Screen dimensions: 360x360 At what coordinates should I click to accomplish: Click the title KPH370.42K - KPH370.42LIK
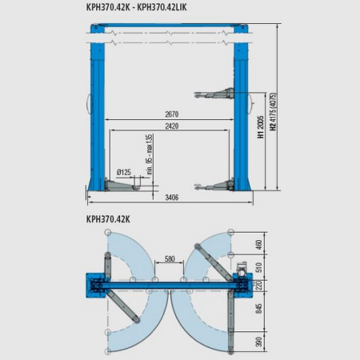click(136, 7)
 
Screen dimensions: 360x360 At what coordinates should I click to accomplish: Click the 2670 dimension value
click(172, 114)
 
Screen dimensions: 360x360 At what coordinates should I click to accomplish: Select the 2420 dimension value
click(172, 126)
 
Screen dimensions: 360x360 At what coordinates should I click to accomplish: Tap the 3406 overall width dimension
click(172, 198)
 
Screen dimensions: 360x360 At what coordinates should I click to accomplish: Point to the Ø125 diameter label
click(124, 172)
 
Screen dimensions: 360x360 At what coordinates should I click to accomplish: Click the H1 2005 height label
click(261, 127)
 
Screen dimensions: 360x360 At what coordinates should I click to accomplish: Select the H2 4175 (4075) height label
click(274, 111)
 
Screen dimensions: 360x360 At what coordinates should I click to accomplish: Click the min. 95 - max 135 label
click(150, 154)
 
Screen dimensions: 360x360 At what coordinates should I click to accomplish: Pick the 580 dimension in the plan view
click(170, 258)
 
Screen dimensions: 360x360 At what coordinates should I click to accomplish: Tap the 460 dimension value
click(258, 245)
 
